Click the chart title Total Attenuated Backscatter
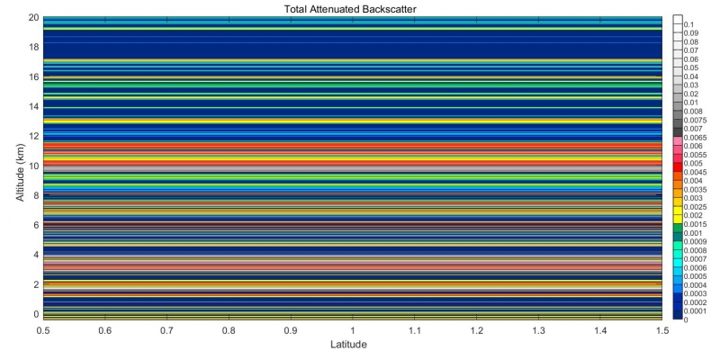(x=352, y=8)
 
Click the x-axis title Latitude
(x=352, y=344)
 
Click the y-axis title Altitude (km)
(x=20, y=167)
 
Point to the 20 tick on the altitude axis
(x=32, y=17)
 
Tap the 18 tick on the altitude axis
(x=32, y=47)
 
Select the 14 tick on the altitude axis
(x=32, y=106)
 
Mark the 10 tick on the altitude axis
(x=32, y=166)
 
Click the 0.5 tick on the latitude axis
(x=43, y=330)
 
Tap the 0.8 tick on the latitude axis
(x=229, y=330)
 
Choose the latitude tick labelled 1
(x=353, y=330)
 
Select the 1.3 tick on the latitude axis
(x=538, y=330)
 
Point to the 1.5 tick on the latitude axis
(x=662, y=330)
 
